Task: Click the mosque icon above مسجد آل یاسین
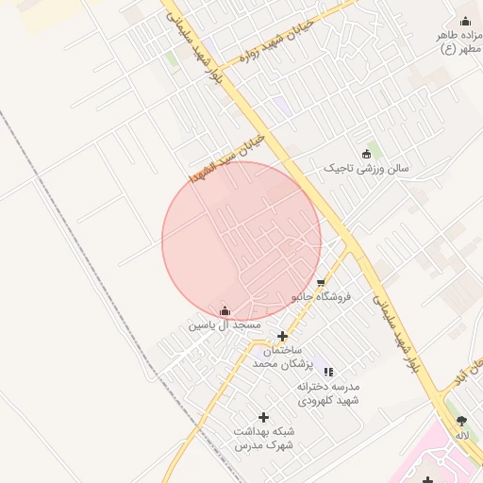pos(225,310)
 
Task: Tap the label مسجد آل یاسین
pos(225,325)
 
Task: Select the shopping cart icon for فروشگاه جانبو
pos(321,282)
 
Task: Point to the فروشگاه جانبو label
pos(321,296)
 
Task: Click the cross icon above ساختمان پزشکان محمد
pos(282,336)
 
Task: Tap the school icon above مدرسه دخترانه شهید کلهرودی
pos(328,373)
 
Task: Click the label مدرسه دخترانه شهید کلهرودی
pos(328,393)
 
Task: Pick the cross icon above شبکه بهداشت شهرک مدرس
pos(263,417)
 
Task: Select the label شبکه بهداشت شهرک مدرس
pos(263,438)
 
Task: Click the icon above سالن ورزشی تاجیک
pos(366,154)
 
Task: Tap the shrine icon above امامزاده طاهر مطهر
pos(464,22)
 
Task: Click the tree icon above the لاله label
pos(461,422)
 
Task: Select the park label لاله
pos(461,435)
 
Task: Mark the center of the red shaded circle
pos(241,241)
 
